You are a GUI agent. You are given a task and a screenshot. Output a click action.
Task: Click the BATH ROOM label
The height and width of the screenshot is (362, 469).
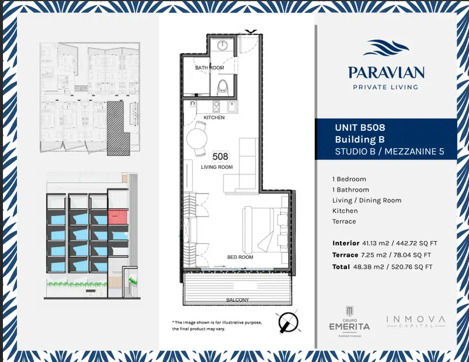pyautogui.click(x=209, y=67)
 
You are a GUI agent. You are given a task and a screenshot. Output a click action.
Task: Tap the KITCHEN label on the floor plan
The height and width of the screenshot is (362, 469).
pyautogui.click(x=214, y=117)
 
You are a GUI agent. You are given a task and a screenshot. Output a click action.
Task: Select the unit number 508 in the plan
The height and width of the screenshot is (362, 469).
pyautogui.click(x=220, y=156)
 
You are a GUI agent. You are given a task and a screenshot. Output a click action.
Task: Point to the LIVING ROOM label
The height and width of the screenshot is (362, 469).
pyautogui.click(x=217, y=167)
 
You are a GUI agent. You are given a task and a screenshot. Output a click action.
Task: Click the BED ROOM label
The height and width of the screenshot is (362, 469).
pyautogui.click(x=240, y=257)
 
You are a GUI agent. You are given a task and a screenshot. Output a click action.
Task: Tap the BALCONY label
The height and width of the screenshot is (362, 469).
pyautogui.click(x=237, y=300)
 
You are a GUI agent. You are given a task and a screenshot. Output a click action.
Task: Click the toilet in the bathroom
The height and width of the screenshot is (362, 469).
pyautogui.click(x=223, y=87)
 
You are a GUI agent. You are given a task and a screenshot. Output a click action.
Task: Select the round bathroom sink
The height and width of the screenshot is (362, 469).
pyautogui.click(x=223, y=45)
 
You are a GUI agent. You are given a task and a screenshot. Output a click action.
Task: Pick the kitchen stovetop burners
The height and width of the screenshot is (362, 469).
pyautogui.click(x=216, y=107)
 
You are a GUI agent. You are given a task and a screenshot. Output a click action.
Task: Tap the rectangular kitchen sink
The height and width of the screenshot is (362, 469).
pyautogui.click(x=232, y=107)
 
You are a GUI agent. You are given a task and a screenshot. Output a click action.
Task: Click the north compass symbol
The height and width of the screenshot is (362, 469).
pyautogui.click(x=288, y=323)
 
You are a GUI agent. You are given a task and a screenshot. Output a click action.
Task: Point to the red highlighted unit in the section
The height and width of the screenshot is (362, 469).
pyautogui.click(x=118, y=216)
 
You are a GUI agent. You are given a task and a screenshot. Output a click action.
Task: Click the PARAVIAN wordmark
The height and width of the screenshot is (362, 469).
pyautogui.click(x=386, y=73)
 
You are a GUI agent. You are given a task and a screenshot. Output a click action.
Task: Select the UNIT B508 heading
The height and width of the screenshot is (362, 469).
pyautogui.click(x=360, y=127)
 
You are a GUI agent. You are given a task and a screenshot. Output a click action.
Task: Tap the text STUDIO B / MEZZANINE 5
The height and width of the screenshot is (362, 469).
pyautogui.click(x=389, y=151)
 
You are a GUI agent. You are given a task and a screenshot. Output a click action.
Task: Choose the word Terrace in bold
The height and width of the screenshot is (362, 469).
pyautogui.click(x=345, y=255)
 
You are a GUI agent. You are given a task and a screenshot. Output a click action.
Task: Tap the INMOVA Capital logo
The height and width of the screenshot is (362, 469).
pyautogui.click(x=416, y=322)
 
